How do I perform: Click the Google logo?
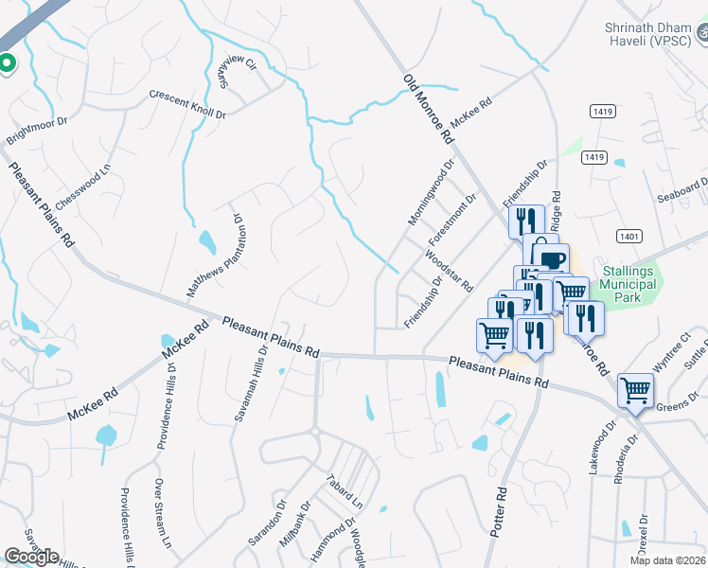tap(31, 557)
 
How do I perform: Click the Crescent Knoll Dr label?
tap(187, 105)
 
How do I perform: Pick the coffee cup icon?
tap(554, 260)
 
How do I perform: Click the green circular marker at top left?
tap(7, 63)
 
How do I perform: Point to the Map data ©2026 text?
tap(668, 560)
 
